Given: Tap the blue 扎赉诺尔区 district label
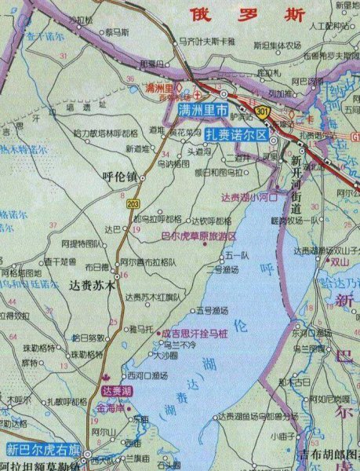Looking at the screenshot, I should coord(235,133).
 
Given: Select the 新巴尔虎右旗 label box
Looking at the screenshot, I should coord(43,450).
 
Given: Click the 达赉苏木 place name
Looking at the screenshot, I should coord(92,286).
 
